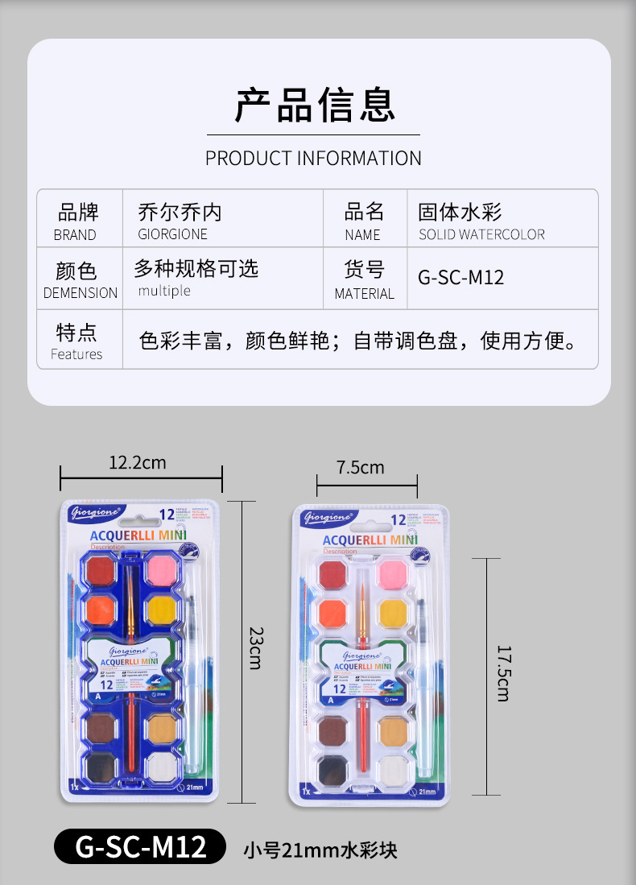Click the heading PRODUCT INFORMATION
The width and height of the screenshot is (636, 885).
(313, 158)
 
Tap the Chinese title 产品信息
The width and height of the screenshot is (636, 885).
(315, 105)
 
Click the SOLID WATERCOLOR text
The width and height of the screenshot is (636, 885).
(481, 234)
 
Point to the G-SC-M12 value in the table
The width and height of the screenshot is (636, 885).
(461, 278)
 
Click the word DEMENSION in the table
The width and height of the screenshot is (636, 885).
(81, 293)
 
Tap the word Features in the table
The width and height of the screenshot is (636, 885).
(76, 354)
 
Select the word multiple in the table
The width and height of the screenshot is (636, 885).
(164, 291)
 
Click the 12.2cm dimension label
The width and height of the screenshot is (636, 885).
(138, 462)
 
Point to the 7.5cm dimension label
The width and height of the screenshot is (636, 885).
(361, 468)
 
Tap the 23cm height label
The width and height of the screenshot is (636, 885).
(255, 647)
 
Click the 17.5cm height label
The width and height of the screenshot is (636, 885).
(502, 673)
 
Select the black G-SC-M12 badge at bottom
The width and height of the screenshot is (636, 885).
(141, 846)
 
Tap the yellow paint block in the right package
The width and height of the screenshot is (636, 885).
(393, 612)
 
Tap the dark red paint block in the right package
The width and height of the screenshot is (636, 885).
(332, 575)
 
